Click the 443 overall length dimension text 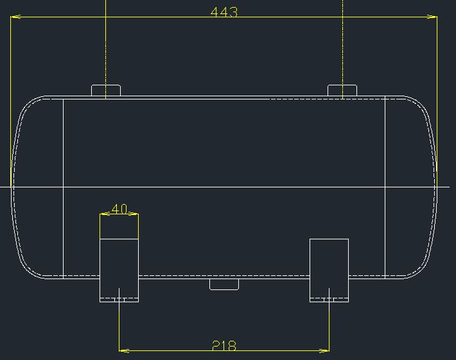click(x=224, y=12)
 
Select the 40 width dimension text click(x=119, y=209)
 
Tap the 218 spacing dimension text click(x=224, y=346)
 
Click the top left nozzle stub click(x=106, y=90)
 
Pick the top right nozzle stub click(x=342, y=90)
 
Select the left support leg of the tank click(x=119, y=270)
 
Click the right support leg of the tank click(x=329, y=270)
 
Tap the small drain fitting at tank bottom click(x=224, y=284)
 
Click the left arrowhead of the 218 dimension click(x=124, y=350)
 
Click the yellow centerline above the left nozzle click(x=105, y=45)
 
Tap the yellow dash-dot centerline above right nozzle click(x=343, y=45)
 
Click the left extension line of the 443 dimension click(x=11, y=96)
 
